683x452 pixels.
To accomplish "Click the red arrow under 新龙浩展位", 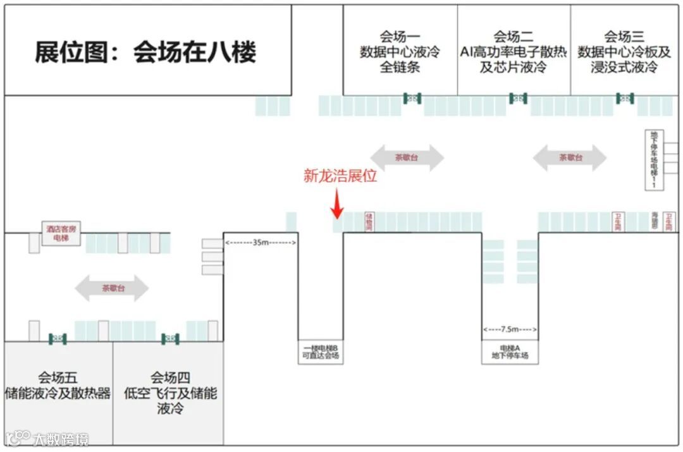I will [x=338, y=205].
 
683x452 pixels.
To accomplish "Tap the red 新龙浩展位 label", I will [x=340, y=176].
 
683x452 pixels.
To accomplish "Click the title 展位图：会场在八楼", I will [x=145, y=52].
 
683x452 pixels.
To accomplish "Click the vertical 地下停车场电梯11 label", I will [x=654, y=160].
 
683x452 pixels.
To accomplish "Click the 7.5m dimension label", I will [x=510, y=329].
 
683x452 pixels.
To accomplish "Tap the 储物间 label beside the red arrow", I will [x=369, y=222].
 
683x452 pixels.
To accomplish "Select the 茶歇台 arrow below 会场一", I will [x=407, y=157].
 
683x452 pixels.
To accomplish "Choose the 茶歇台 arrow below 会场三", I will [x=570, y=157].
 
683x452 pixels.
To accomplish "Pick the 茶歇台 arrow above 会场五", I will [x=112, y=288].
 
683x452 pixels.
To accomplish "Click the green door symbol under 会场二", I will [x=518, y=98].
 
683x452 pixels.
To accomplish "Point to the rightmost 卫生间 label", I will [x=669, y=222].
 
